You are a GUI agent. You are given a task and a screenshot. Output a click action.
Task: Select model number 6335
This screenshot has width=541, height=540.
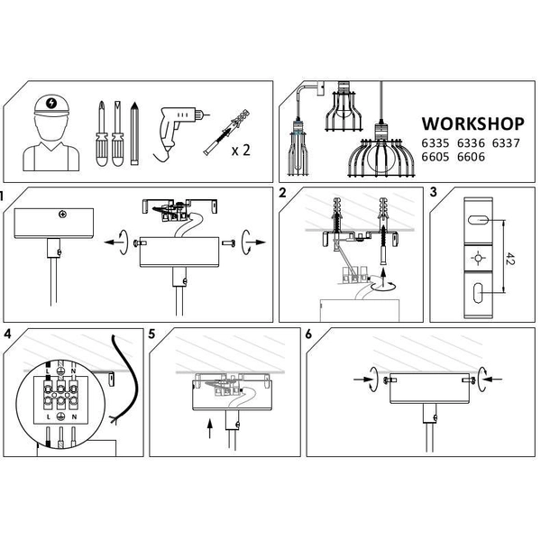(x=436, y=142)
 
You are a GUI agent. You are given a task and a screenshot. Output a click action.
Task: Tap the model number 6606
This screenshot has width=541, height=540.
(x=471, y=157)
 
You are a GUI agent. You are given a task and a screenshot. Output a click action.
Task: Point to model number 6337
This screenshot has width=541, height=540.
(x=505, y=142)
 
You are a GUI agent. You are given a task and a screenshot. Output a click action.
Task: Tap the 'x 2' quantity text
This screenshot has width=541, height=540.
(x=240, y=150)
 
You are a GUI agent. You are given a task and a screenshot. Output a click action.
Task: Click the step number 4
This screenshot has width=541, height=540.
(x=7, y=334)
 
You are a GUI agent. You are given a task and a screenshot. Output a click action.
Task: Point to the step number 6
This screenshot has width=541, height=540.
(x=308, y=334)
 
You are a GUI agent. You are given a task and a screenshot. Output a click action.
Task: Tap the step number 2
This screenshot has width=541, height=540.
(x=283, y=194)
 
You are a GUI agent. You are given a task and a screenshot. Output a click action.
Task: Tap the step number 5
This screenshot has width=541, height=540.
(x=151, y=334)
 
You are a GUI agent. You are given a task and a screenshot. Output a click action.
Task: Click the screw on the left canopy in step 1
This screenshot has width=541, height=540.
(x=61, y=214)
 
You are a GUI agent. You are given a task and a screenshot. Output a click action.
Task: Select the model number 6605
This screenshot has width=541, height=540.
(x=436, y=157)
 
